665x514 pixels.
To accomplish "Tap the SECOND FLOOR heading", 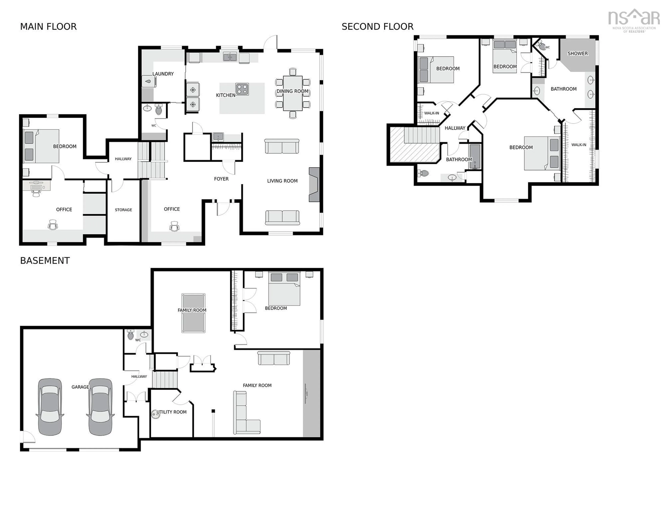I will point(377,27).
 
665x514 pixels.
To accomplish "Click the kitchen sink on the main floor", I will point(230,57).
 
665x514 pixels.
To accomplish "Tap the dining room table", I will point(293,93).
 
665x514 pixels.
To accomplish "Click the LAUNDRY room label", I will point(163,74).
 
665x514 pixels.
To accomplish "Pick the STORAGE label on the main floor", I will point(123,210).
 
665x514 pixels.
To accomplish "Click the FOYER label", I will point(221,179).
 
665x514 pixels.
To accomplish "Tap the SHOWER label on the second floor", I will point(577,54).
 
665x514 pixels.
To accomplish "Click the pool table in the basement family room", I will point(193,313).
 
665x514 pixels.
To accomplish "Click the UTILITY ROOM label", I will point(171,412).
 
